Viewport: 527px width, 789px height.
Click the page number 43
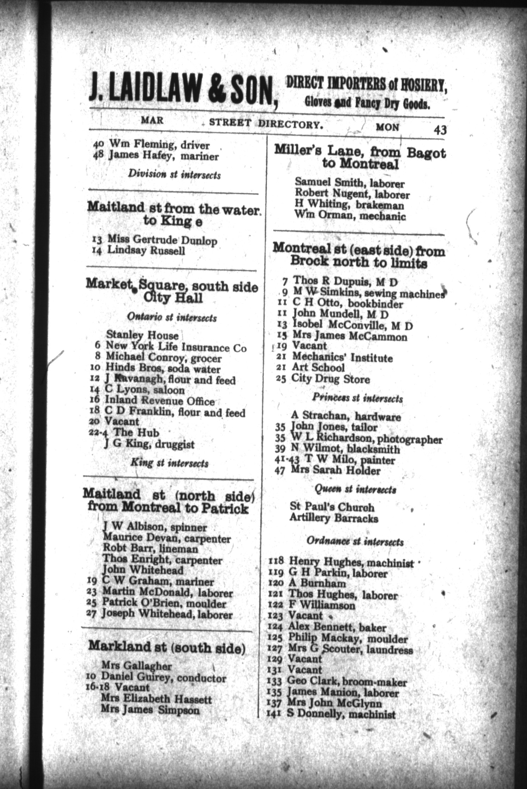pos(440,130)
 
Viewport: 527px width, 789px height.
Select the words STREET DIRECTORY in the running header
pos(266,123)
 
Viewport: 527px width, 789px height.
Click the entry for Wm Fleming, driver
pos(151,145)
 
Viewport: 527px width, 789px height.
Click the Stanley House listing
pos(142,334)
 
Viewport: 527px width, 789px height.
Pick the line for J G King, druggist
pos(149,445)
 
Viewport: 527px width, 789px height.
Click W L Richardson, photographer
pos(359,439)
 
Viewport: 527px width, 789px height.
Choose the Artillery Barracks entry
pos(334,518)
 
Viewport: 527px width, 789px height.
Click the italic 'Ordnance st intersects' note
pos(355,541)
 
